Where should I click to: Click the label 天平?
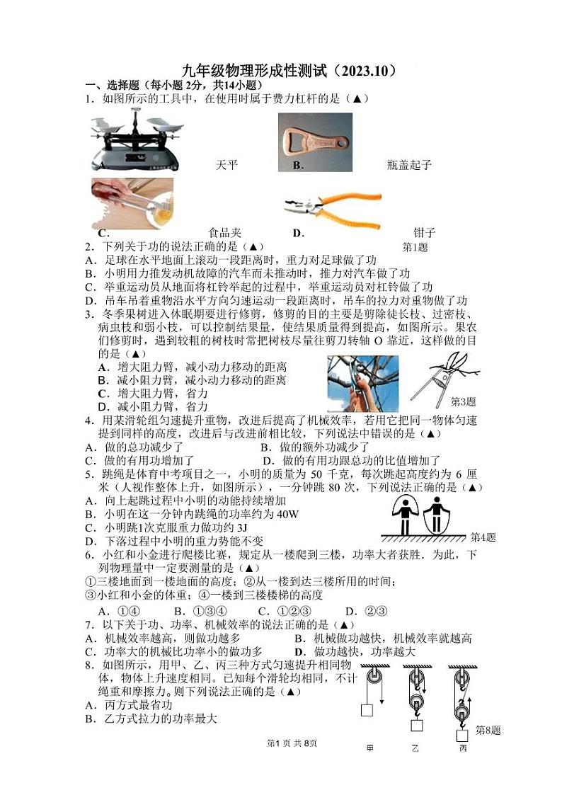point(226,166)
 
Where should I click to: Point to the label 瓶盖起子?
point(408,166)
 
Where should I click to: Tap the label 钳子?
point(424,233)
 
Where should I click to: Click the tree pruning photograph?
point(363,383)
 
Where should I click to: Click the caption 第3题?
point(463,401)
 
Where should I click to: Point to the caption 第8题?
point(488,730)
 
